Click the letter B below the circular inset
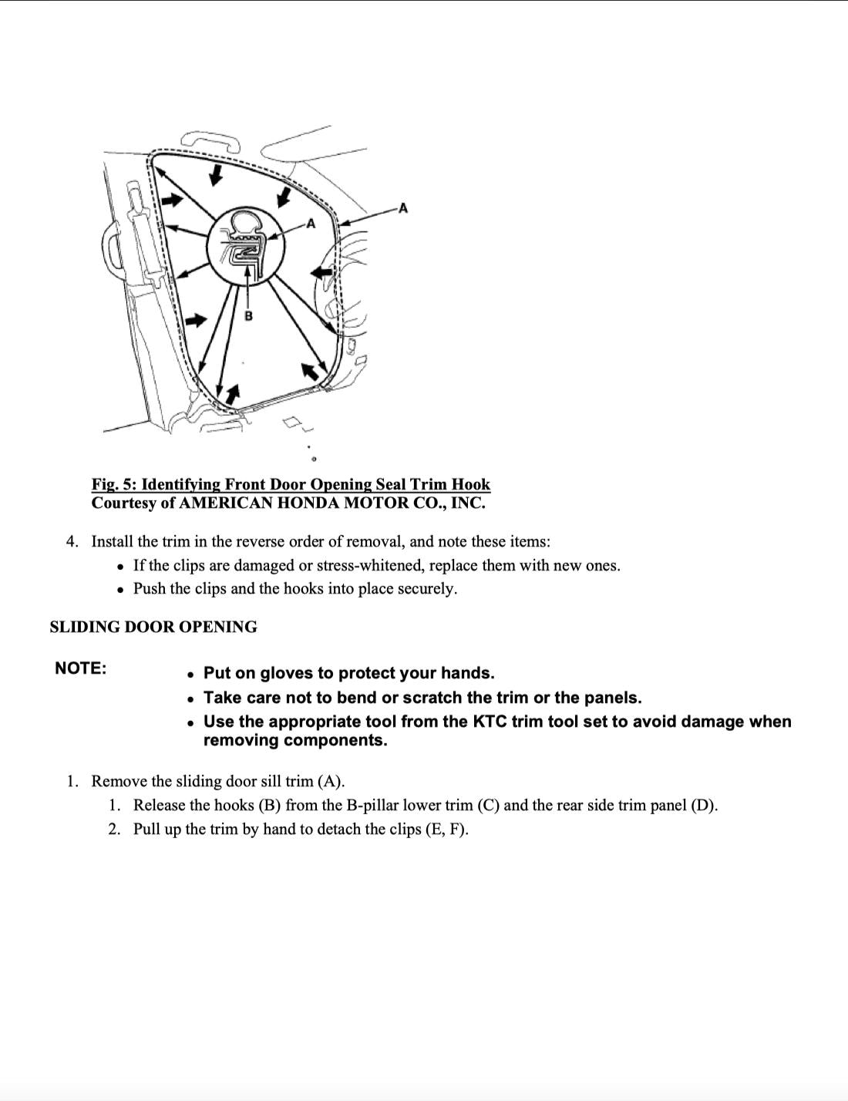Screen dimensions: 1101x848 (x=248, y=316)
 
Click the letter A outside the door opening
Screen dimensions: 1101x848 (x=402, y=207)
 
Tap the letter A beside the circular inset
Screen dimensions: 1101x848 (x=311, y=224)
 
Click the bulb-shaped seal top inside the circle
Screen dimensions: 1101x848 (x=245, y=224)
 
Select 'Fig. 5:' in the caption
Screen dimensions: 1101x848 (x=114, y=485)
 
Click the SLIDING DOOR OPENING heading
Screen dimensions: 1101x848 (x=153, y=627)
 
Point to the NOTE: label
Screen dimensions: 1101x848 (x=80, y=668)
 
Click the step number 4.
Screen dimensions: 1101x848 (x=71, y=541)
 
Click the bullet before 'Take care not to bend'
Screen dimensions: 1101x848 (x=190, y=699)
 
